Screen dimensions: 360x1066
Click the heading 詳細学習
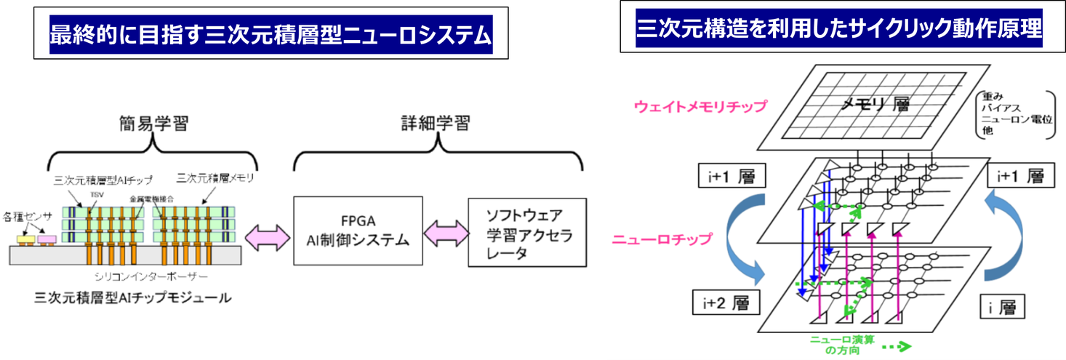[x=436, y=124]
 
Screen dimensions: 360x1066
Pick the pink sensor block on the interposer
[x=47, y=239]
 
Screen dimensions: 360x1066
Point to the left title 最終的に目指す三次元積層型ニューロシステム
[x=270, y=34]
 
